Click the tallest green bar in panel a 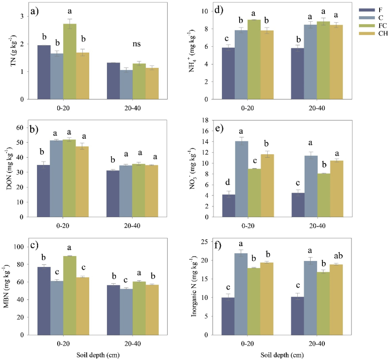[x=70, y=62]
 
